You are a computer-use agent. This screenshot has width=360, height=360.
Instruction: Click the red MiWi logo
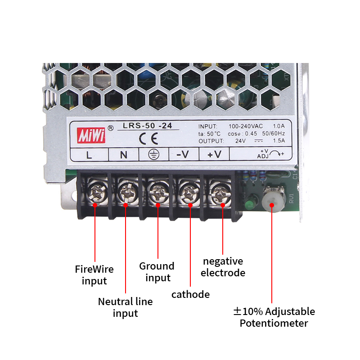click(91, 135)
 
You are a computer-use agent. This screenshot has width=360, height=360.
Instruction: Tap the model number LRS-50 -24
click(148, 126)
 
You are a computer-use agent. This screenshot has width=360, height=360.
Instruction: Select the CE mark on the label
click(148, 139)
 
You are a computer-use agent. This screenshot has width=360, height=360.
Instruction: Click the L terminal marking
click(89, 155)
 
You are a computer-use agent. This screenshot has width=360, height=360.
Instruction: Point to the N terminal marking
click(123, 155)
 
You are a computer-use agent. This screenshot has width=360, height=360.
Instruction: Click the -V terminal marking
click(183, 154)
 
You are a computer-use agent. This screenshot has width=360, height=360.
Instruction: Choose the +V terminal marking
click(215, 154)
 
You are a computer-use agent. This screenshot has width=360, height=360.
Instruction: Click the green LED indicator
click(249, 204)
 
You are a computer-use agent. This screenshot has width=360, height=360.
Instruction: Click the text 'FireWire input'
click(94, 275)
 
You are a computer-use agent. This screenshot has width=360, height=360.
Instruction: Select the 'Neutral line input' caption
click(126, 307)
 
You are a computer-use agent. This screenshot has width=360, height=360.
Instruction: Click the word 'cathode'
click(190, 294)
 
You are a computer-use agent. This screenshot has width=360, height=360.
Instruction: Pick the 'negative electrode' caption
click(223, 267)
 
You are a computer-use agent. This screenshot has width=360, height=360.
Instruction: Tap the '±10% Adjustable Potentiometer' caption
click(274, 317)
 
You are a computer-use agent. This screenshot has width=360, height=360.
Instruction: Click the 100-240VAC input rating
click(246, 126)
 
